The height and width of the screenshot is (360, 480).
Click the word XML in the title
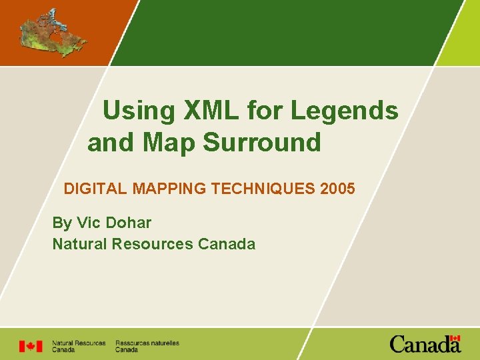coord(211,111)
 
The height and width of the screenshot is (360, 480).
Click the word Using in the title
coord(137,111)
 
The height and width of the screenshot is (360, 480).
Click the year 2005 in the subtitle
coord(337,189)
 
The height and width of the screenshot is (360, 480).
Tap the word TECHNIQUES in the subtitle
coord(263,189)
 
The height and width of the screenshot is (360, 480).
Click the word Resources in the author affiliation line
coord(152,244)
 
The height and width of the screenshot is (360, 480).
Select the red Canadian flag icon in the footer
coord(30,346)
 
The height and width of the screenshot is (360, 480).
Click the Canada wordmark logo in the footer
coord(425,344)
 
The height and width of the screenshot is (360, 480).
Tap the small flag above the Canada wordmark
coord(455,339)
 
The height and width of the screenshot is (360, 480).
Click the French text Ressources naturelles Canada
coord(147,346)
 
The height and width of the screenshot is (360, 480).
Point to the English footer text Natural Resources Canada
coord(79,346)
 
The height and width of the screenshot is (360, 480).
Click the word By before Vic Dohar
coord(61,223)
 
